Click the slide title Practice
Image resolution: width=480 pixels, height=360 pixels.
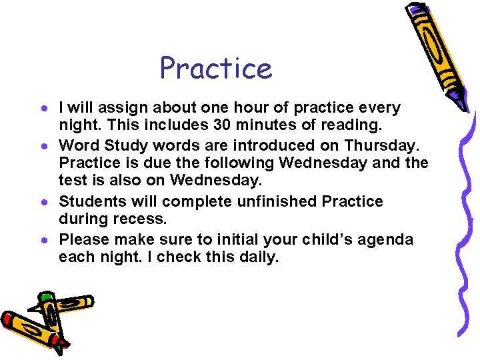(x=216, y=68)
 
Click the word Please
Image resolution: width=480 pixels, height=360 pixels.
(x=85, y=239)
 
